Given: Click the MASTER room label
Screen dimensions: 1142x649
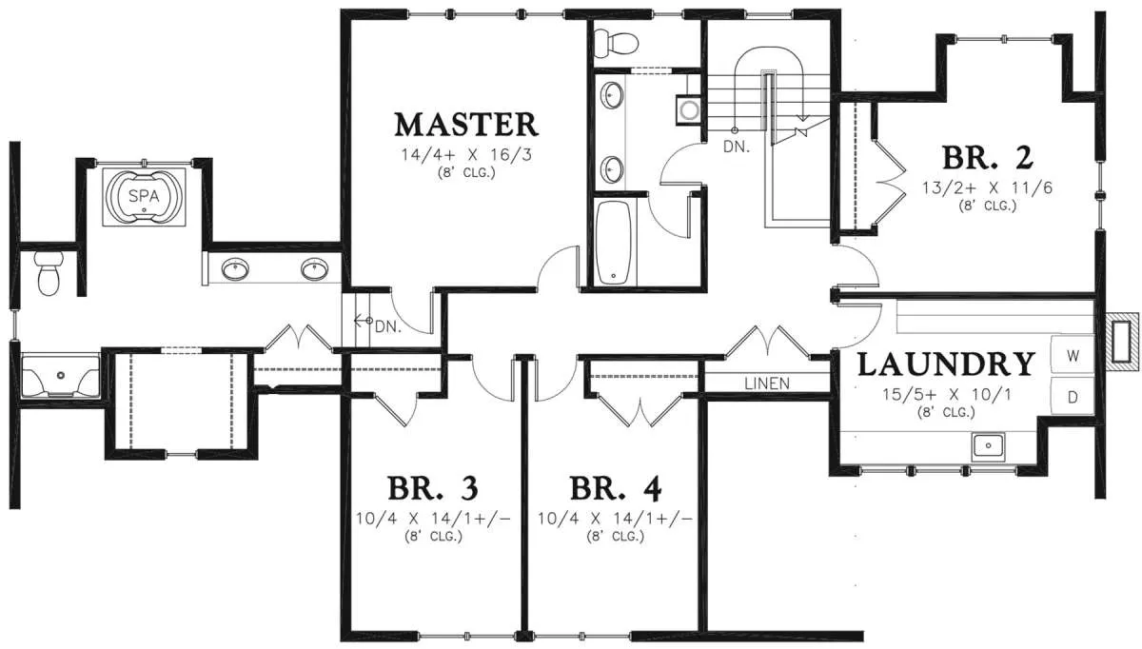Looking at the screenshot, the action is tap(466, 125).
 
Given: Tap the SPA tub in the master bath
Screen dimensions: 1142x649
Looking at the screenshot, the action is tap(144, 197).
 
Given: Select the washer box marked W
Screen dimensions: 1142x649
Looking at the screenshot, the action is tap(1073, 355).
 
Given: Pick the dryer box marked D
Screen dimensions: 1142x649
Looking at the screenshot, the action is tap(1073, 396).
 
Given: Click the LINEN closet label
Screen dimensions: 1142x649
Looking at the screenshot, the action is tap(767, 383).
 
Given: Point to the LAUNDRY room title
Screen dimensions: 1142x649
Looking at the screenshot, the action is tap(946, 364).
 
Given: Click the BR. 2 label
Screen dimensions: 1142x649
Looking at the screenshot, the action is tap(988, 158).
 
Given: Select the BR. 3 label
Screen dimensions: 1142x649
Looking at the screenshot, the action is tap(433, 488).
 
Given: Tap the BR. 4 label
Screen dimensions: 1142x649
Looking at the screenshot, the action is tap(616, 488).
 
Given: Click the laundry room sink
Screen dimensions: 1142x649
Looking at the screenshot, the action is tap(988, 446).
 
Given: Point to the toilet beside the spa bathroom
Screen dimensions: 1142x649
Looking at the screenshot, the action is tap(49, 273).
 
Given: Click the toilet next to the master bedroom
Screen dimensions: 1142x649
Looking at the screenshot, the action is tap(616, 42).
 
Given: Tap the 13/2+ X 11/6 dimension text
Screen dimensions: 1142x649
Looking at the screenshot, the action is tap(987, 188).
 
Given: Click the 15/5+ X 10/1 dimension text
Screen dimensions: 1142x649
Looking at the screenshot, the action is tap(947, 394).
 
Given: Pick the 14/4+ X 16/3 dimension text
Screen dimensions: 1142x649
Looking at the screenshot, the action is tap(466, 154).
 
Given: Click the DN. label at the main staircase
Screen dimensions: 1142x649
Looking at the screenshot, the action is tap(737, 147).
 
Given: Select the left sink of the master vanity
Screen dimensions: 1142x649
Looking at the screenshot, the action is tap(235, 269).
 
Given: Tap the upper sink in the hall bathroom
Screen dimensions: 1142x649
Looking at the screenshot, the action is tap(612, 95).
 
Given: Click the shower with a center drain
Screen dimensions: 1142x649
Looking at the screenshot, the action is tap(61, 375).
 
